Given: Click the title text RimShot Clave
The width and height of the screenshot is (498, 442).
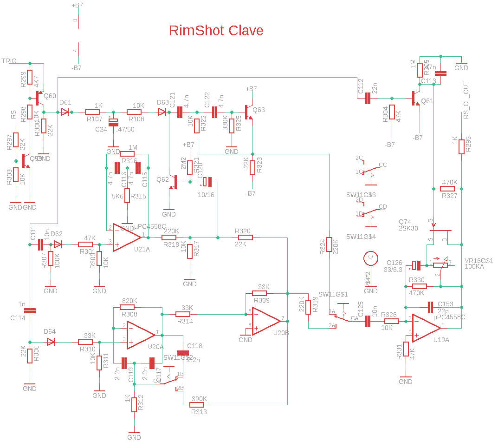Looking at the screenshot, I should [216, 31].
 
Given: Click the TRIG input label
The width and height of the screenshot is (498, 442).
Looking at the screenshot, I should [9, 61].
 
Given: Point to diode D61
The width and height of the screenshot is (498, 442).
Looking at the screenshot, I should [65, 112].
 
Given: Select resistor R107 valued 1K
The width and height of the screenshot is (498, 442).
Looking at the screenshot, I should [93, 112].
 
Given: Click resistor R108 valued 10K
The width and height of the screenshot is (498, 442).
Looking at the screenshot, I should [134, 112].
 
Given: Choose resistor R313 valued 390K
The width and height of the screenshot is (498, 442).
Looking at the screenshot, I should [199, 405].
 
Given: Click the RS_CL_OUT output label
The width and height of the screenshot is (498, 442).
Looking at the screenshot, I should [466, 100].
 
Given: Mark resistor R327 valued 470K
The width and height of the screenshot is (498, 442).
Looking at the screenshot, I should [447, 189].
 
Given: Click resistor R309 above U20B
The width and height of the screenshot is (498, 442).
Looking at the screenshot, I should [260, 293].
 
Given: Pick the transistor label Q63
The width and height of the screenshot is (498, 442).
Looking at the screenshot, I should [259, 110].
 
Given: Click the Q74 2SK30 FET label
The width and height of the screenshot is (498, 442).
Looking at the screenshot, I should [408, 225].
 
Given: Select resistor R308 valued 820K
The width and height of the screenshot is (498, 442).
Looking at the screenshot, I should [127, 307].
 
